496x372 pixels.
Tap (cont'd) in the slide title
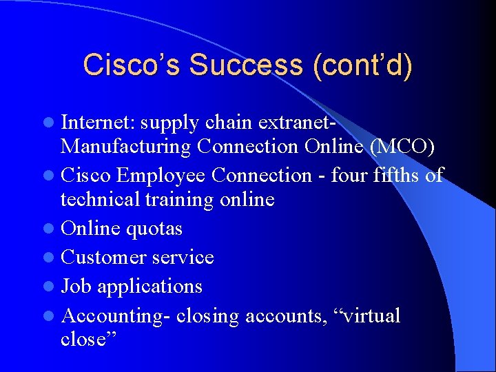click(362, 65)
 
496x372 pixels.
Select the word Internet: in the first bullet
click(101, 123)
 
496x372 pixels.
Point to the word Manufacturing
click(125, 147)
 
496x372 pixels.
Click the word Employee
click(161, 176)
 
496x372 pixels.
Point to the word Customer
click(103, 257)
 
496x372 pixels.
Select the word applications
click(149, 287)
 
